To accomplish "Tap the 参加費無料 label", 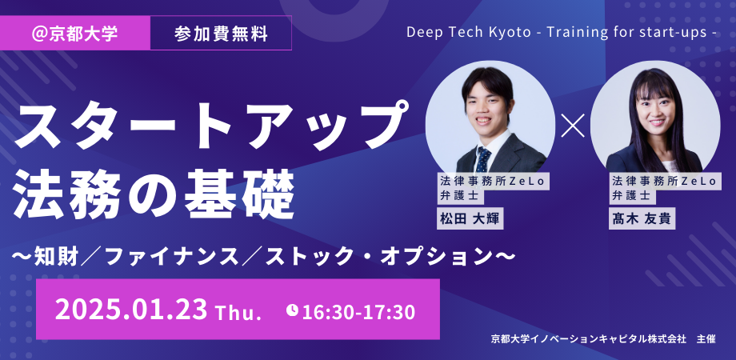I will [x=220, y=34].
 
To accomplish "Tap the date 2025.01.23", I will [x=131, y=309].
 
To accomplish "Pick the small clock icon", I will [x=292, y=309].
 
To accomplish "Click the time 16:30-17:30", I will [x=358, y=310].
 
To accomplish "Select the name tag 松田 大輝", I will [x=470, y=219].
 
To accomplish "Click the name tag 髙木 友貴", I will [x=642, y=219].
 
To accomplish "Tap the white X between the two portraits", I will [x=572, y=126].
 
